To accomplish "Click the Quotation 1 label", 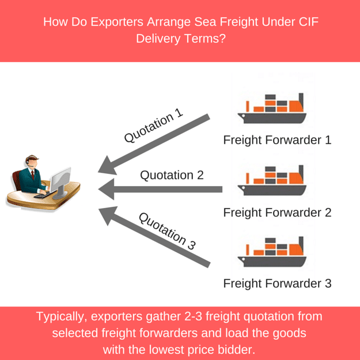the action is [x=154, y=127].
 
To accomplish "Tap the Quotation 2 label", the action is [x=172, y=175].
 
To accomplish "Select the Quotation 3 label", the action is [x=167, y=230].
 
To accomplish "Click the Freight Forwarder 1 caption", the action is [x=277, y=140].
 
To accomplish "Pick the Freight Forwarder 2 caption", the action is [x=277, y=212].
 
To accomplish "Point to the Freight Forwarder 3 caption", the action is [x=277, y=283].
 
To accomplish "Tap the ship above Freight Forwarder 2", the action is [x=273, y=180].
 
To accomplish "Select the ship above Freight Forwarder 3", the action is [x=273, y=252].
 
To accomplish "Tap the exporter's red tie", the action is [x=33, y=175].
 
